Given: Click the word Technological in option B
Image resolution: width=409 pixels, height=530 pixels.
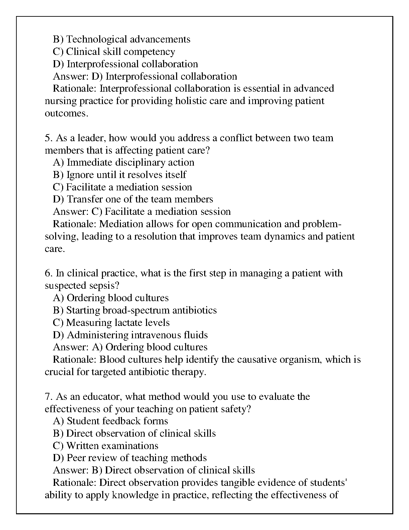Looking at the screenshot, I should (x=97, y=39).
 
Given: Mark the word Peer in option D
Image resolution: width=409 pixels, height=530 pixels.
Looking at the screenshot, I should (x=77, y=458).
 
